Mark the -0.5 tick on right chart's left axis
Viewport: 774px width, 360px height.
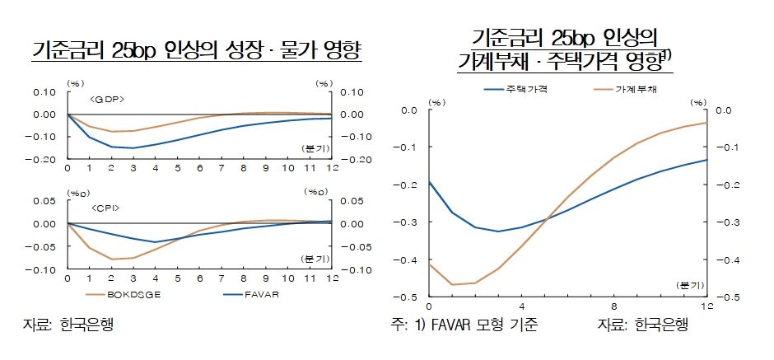(x=409, y=297)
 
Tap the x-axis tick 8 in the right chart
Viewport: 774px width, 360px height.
(x=614, y=307)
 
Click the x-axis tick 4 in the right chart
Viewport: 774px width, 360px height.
(x=521, y=307)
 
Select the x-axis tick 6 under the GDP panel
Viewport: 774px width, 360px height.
(x=199, y=169)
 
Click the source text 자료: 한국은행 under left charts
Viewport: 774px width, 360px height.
(x=67, y=325)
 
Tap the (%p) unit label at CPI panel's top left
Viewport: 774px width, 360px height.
(x=79, y=193)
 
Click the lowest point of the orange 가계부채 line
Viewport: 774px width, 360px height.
(x=453, y=284)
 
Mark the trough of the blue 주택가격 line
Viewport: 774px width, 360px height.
(x=498, y=231)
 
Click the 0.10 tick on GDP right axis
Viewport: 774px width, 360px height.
(x=352, y=92)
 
